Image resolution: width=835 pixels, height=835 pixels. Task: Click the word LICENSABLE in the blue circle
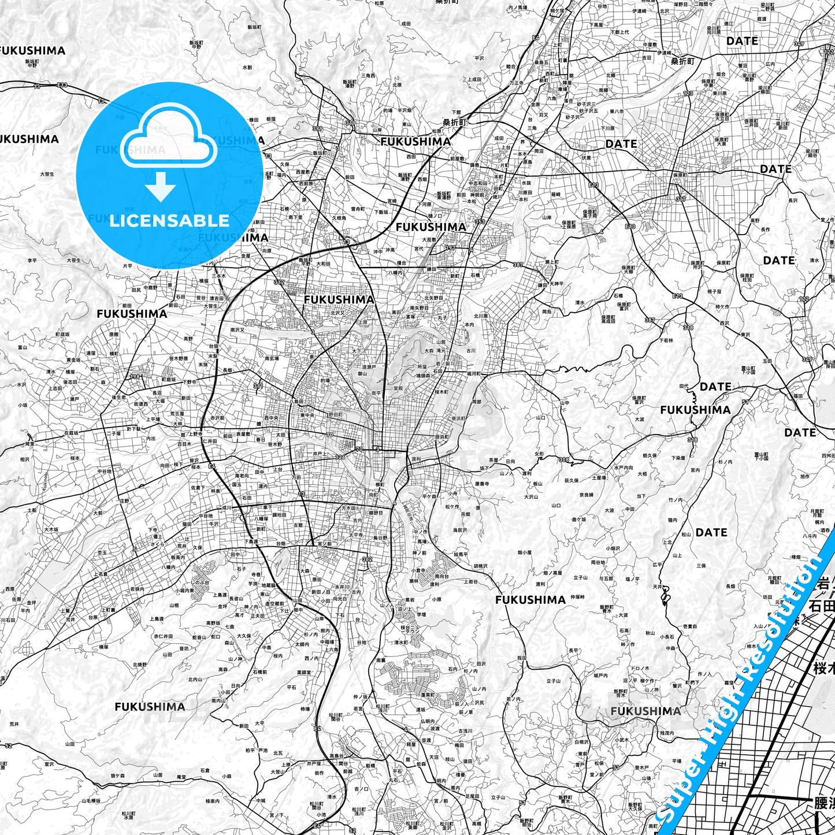(x=169, y=220)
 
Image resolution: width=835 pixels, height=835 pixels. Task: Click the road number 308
(x=563, y=460)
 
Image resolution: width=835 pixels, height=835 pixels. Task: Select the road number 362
(x=368, y=559)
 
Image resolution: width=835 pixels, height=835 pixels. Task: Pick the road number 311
(x=258, y=386)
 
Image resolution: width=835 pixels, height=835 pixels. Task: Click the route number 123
(x=688, y=93)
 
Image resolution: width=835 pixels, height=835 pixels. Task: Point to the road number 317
(x=681, y=199)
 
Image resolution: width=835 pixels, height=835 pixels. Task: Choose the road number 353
(x=480, y=222)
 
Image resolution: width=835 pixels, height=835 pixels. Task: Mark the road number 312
(x=279, y=283)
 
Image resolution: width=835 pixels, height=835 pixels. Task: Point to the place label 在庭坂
(x=70, y=433)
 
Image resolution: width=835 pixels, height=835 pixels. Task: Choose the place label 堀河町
(x=473, y=374)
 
